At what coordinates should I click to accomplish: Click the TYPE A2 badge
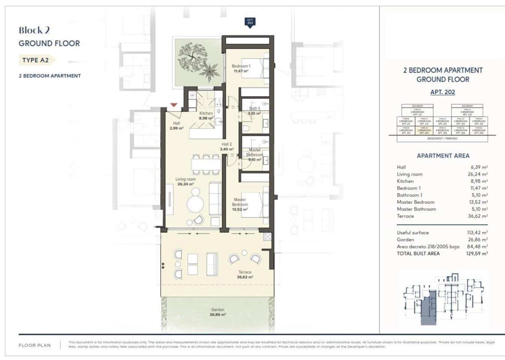[x=36, y=60]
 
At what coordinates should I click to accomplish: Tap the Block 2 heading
[x=34, y=30]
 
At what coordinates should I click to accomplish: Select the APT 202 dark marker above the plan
[x=250, y=22]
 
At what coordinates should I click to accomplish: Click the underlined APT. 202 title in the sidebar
[x=442, y=92]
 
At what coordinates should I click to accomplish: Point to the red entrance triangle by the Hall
[x=173, y=105]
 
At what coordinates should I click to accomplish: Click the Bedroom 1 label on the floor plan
[x=241, y=68]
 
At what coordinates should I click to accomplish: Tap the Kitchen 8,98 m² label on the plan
[x=206, y=115]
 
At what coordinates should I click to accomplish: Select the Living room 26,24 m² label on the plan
[x=185, y=181]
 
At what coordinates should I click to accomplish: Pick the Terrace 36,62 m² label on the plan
[x=245, y=274]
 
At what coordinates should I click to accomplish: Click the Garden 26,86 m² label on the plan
[x=218, y=312]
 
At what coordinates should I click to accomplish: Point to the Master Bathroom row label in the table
[x=416, y=209]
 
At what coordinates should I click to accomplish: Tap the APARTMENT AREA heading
[x=443, y=156]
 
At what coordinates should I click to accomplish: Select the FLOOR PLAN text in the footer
[x=35, y=345]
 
